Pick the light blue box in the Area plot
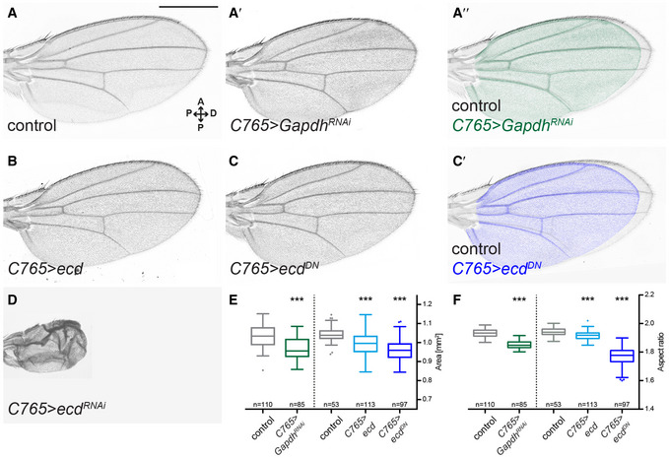(365, 343)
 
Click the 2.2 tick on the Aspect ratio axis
(649, 295)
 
